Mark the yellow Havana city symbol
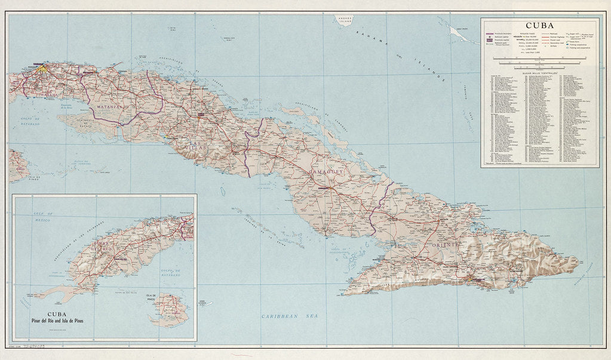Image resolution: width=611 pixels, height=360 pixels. [41, 69]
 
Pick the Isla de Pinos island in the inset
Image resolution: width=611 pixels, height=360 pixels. [170, 310]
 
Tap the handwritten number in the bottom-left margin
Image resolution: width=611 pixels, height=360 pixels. [33, 347]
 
